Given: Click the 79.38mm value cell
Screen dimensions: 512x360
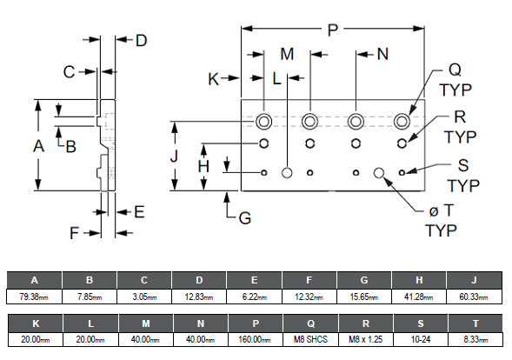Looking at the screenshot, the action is coord(34,297).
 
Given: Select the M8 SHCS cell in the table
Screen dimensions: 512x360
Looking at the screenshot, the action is coord(310,339).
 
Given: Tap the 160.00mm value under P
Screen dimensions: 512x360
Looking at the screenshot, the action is coord(256,339).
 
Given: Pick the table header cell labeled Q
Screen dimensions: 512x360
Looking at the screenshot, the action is coord(310,323).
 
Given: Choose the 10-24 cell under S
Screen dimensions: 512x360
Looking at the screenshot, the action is coord(421,339).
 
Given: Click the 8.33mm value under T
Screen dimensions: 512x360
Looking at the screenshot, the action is coord(475,339).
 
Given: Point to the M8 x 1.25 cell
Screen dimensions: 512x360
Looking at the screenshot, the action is coord(366,339).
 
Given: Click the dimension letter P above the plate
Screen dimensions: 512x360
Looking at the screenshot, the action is coord(332,30).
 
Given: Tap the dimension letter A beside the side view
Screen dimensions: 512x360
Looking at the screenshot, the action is coord(38,146).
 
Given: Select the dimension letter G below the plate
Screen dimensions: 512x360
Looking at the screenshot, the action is coord(245,218).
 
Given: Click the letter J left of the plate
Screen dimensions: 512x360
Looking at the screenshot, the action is coord(175,156).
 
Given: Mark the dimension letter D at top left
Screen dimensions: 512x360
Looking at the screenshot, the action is coord(142,41).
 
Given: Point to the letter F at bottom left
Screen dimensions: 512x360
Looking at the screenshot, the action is coord(75,233).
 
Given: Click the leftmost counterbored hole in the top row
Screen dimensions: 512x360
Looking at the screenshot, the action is coord(264,122).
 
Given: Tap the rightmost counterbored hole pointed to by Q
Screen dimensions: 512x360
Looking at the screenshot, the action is coord(402,122).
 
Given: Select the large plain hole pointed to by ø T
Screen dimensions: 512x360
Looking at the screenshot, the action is coord(379,172).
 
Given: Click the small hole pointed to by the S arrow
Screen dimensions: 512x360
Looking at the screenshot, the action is coord(402,172).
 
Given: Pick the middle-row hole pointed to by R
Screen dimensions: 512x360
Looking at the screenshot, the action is coord(402,143).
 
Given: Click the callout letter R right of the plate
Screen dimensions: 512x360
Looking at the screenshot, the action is coord(460,117).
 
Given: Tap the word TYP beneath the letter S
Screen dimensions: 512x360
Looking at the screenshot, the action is coord(463,186).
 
